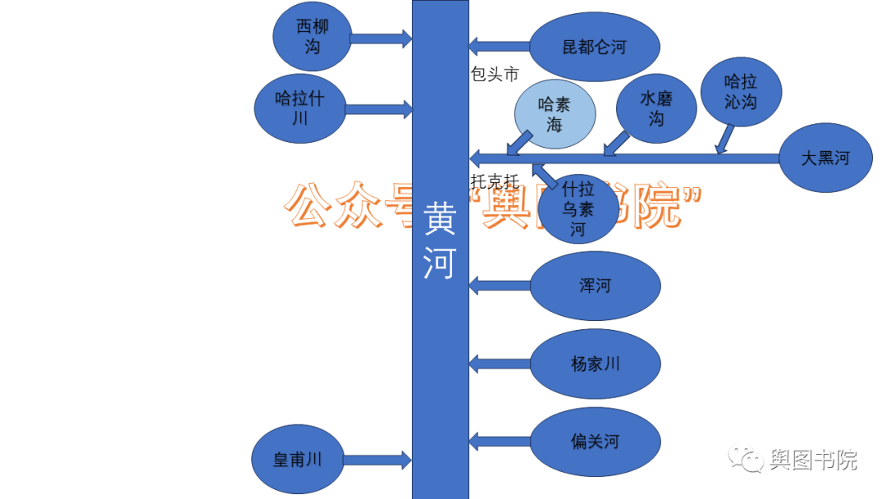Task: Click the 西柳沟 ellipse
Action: pos(312,37)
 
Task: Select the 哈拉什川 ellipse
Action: pos(299,108)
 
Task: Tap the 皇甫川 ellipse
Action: pos(298,460)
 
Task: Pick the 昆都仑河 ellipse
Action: pos(594,48)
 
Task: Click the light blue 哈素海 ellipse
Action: pos(554,114)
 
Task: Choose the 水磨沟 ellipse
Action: pos(656,108)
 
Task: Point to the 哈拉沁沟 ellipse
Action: pos(741,92)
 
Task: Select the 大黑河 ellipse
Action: pos(824,158)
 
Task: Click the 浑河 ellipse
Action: pos(595,286)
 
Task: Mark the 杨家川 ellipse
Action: pos(595,364)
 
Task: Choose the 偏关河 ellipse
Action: pos(595,442)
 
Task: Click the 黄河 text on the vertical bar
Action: pos(440,242)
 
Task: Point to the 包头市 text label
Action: pos(495,75)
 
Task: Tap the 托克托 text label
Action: pos(495,181)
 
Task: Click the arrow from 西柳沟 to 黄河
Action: pos(381,38)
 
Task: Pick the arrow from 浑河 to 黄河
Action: pos(500,286)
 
